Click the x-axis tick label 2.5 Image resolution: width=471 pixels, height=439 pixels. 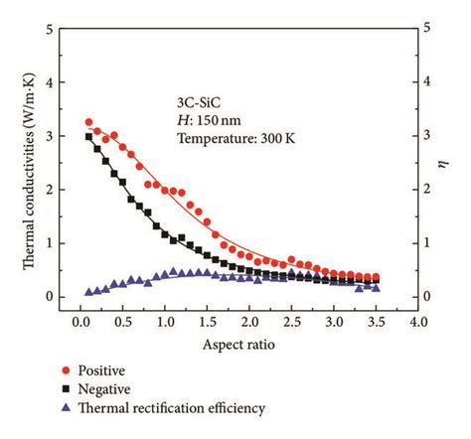290,324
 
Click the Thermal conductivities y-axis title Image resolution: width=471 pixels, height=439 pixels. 23,165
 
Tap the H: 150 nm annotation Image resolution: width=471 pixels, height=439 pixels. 203,120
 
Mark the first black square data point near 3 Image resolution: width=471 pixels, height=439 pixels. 88,136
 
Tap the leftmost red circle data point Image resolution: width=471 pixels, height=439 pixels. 88,122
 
